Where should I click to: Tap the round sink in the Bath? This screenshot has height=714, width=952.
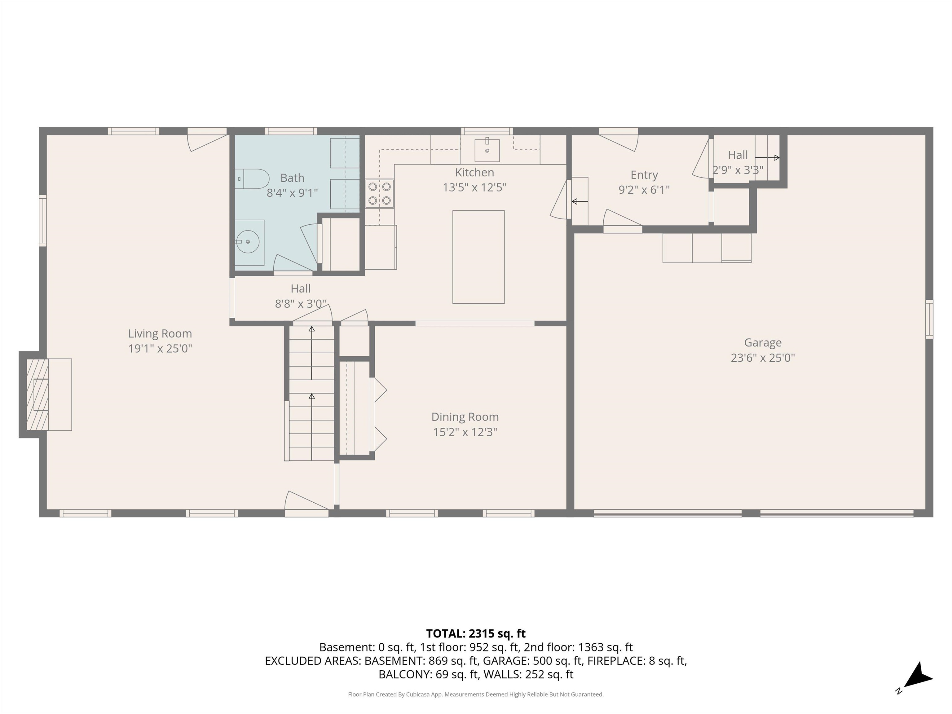[248, 242]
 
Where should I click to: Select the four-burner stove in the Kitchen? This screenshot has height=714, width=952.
[380, 194]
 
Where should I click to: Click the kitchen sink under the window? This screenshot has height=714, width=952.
[487, 149]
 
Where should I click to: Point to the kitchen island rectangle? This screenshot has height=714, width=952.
[478, 257]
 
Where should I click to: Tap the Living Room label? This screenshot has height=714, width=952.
[160, 333]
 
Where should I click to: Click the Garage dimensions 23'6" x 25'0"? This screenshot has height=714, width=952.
[763, 358]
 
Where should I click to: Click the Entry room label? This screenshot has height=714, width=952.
[644, 175]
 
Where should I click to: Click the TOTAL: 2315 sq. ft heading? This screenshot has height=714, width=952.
[476, 633]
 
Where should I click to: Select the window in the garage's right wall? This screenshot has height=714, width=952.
[929, 319]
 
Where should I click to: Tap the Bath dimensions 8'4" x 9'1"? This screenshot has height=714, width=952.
[292, 193]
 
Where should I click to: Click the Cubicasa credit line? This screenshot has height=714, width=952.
[476, 694]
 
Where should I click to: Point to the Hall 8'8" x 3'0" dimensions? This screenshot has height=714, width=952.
[300, 304]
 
